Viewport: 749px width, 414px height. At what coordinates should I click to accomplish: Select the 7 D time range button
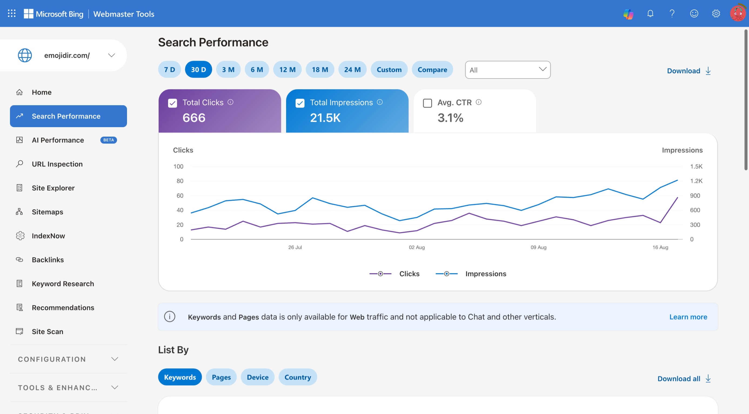[x=169, y=69]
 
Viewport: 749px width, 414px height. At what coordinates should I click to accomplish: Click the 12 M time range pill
[x=287, y=69]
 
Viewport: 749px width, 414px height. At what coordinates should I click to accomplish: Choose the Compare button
[x=432, y=69]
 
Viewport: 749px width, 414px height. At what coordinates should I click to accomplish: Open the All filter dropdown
[x=508, y=70]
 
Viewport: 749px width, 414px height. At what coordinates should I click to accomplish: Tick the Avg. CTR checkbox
[x=427, y=103]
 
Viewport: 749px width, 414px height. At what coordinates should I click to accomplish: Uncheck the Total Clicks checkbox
[x=172, y=103]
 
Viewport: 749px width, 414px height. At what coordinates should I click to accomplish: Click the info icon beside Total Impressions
[x=380, y=102]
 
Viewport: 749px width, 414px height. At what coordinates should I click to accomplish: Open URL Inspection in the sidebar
[x=57, y=164]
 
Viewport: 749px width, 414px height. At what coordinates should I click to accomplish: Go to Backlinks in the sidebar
[x=48, y=260]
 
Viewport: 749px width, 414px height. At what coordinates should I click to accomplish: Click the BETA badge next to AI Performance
[x=108, y=140]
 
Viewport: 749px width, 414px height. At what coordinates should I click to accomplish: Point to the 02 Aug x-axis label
[x=417, y=247]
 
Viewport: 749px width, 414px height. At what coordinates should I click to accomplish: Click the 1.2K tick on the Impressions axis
[x=696, y=181]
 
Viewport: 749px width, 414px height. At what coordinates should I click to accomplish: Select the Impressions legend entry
[x=471, y=274]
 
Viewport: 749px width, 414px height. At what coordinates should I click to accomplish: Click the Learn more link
[x=688, y=317]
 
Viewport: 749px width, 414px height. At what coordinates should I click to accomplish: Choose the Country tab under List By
[x=298, y=377]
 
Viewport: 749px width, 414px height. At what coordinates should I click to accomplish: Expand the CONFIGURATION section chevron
[x=115, y=359]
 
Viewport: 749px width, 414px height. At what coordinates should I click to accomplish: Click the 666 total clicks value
[x=194, y=118]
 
